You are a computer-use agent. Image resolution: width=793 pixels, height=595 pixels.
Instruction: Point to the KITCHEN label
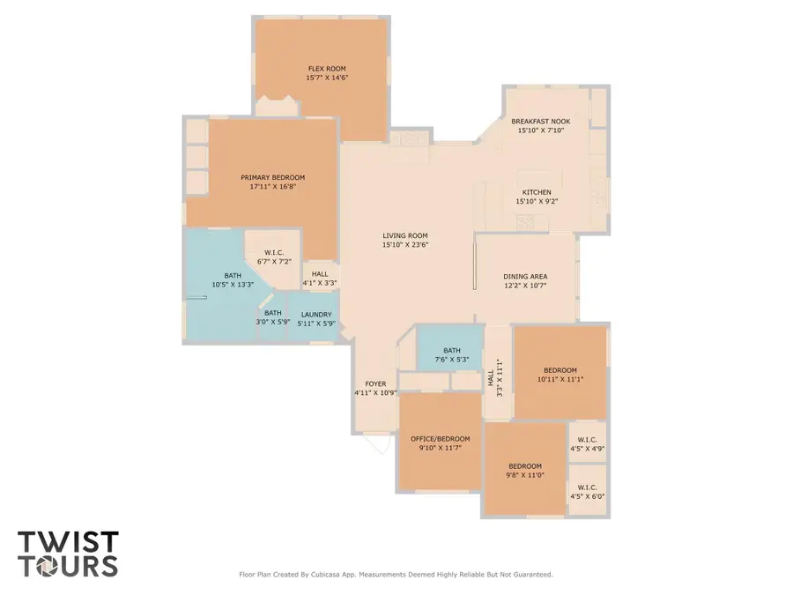coord(537,192)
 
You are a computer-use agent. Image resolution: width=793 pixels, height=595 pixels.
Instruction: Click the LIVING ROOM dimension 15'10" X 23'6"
coord(405,245)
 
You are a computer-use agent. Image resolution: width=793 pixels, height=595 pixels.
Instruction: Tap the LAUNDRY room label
coord(316,315)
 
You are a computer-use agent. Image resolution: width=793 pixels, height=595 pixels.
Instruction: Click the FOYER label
coord(376,383)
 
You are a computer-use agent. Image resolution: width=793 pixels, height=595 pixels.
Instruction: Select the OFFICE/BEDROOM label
coord(441,438)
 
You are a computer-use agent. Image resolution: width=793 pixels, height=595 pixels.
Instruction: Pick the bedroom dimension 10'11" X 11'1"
coord(560,379)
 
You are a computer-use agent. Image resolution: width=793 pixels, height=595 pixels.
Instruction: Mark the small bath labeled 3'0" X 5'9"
coord(274,317)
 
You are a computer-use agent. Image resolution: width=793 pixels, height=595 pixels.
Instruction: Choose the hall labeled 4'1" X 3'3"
coord(320,279)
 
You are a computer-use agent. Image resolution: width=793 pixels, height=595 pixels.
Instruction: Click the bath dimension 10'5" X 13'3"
coord(233,284)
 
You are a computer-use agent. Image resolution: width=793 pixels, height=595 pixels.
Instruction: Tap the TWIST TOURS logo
coord(68,553)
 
